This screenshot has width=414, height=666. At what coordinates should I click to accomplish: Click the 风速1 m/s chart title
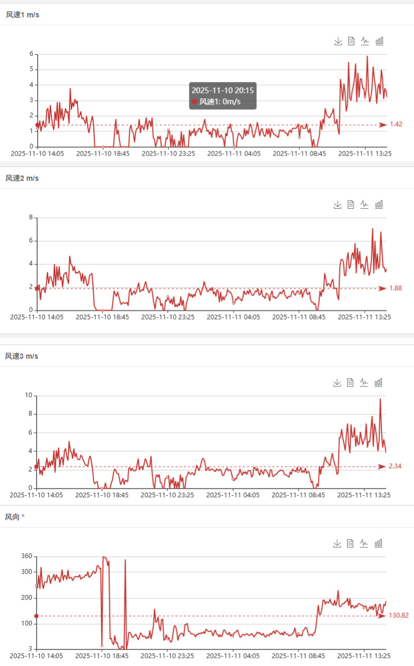(22, 15)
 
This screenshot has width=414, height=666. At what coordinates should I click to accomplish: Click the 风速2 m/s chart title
(22, 178)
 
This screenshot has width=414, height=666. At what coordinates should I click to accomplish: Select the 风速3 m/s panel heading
(22, 356)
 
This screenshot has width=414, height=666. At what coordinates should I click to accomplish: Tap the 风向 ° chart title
(15, 517)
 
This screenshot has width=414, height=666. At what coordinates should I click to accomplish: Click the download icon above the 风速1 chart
(338, 41)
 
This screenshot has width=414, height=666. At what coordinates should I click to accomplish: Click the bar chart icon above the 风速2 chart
(379, 205)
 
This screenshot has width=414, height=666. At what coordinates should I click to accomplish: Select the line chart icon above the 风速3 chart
(364, 382)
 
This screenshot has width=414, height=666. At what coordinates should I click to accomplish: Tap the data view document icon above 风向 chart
(350, 543)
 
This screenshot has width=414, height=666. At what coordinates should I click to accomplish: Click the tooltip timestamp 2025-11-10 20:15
(223, 90)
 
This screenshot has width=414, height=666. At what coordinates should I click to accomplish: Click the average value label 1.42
(396, 124)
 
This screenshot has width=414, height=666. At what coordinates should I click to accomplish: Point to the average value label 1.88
(396, 288)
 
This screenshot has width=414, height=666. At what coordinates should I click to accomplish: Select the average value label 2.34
(395, 466)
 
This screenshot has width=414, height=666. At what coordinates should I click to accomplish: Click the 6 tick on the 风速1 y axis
(31, 54)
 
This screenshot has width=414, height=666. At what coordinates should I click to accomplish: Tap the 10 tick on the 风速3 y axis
(28, 395)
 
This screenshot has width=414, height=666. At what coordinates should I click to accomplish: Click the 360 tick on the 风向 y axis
(26, 556)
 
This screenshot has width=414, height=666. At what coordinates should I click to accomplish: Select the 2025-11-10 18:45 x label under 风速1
(103, 153)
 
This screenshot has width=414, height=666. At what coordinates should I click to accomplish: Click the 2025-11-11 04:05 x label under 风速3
(233, 495)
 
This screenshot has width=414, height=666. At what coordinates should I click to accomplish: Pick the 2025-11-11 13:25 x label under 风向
(363, 656)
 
